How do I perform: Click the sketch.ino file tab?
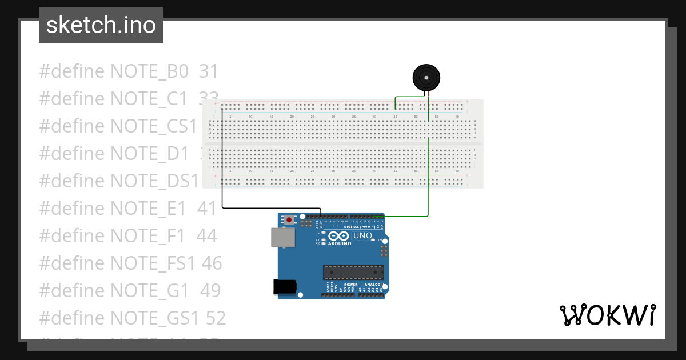(x=101, y=25)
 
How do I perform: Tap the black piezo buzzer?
(x=427, y=77)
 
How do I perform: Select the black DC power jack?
(x=285, y=286)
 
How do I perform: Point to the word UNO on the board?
(x=362, y=235)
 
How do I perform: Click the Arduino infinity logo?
(x=339, y=236)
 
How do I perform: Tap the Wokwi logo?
(x=607, y=315)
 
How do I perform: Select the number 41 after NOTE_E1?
(x=206, y=209)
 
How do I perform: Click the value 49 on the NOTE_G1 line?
(x=210, y=291)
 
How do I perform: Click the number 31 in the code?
(x=209, y=71)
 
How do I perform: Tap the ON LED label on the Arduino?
(x=378, y=240)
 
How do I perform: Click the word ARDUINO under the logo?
(x=340, y=243)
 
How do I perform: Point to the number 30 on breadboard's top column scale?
(x=333, y=117)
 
